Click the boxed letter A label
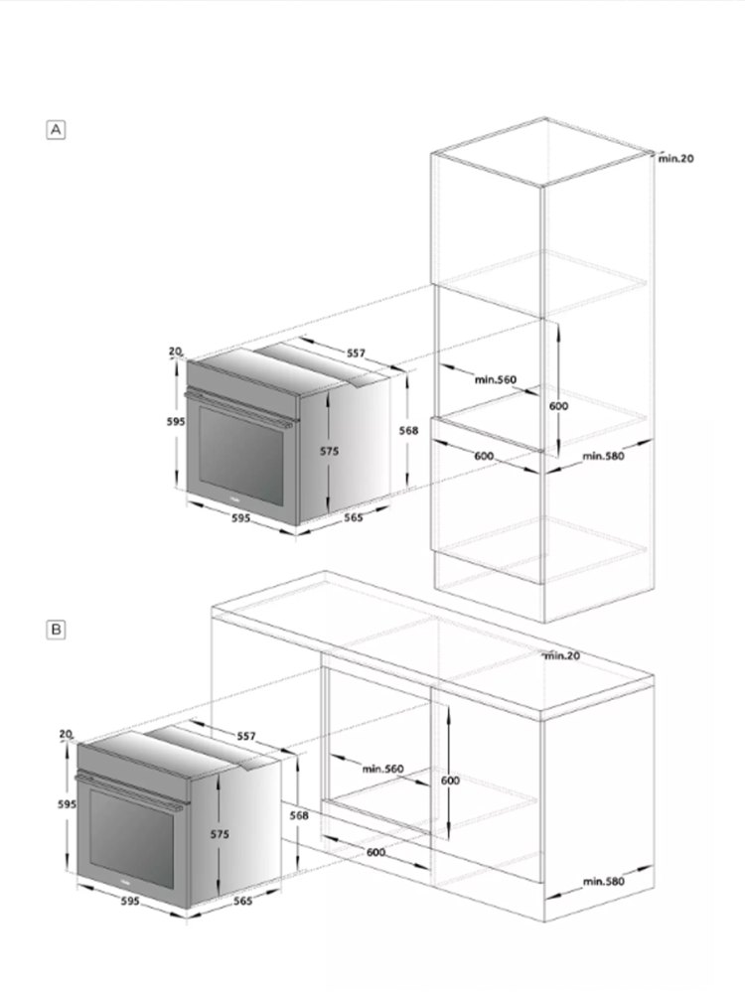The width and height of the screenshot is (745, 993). click(x=57, y=130)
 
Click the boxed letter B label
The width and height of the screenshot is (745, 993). click(x=57, y=631)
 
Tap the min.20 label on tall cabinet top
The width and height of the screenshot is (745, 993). click(x=675, y=158)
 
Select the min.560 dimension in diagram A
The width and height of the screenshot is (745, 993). click(x=496, y=379)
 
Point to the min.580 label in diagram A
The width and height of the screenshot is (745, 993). click(x=603, y=456)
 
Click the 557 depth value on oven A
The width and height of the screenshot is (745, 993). click(x=356, y=353)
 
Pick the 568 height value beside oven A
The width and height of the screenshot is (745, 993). click(x=408, y=431)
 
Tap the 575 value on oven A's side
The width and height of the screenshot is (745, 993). click(x=330, y=451)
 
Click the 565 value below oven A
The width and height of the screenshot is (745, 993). click(x=354, y=517)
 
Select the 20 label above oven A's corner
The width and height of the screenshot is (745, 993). click(x=175, y=351)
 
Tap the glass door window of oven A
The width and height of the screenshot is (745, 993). click(x=241, y=455)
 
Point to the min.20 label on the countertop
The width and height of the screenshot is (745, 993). click(x=562, y=655)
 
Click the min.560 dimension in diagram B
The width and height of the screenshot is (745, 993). click(x=382, y=769)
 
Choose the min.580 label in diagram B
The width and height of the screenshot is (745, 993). click(x=604, y=881)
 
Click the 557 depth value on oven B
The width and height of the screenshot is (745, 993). click(x=246, y=736)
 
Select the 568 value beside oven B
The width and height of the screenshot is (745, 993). click(x=299, y=815)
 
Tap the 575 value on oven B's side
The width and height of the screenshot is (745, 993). click(x=220, y=835)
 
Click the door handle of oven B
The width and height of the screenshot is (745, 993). click(x=129, y=791)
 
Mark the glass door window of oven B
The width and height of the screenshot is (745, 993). click(x=132, y=838)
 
